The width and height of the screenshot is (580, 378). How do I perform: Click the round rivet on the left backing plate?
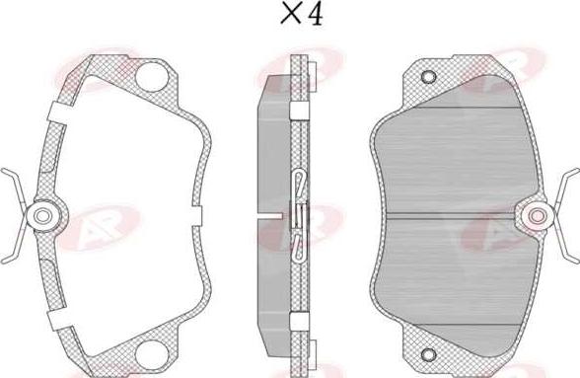point(43,214)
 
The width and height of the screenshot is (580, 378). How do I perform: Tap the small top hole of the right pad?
point(427,77)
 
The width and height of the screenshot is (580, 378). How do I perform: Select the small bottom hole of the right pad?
point(427,354)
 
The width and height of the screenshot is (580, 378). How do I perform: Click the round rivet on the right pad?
point(538,215)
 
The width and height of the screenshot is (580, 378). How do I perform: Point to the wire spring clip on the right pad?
point(566,214)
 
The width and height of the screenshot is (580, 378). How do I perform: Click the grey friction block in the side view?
point(267,158)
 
